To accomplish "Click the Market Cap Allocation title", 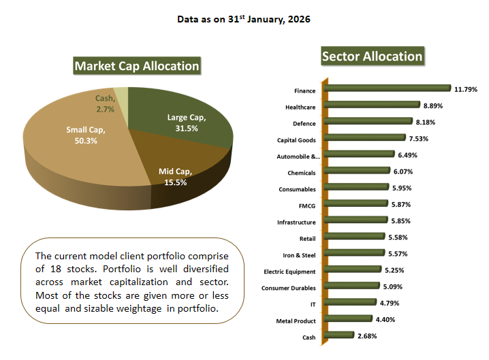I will pos(136,66).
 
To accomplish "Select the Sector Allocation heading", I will pos(372,56).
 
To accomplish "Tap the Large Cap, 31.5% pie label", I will pos(186,122).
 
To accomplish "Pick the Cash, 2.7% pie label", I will pos(105,103).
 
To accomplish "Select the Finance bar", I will pos(388,88).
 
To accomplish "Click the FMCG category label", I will pos(306,205).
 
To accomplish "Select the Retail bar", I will pos(353,238).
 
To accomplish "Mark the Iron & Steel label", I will pos(298,255).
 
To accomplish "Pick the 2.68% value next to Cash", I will pos(366,336).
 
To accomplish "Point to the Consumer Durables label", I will pos(289,288).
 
